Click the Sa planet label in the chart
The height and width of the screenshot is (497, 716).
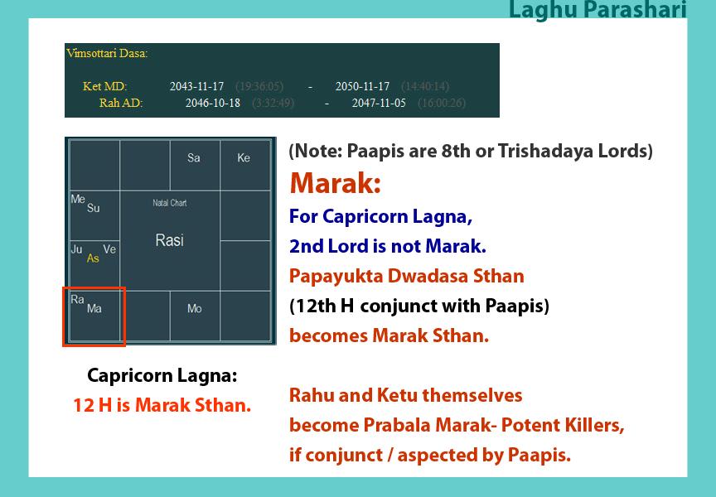tap(194, 158)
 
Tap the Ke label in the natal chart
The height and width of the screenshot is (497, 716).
tap(244, 158)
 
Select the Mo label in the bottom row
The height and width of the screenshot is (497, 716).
tap(195, 308)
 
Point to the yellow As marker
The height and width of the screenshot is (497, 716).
tap(93, 258)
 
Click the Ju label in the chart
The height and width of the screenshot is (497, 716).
tap(76, 249)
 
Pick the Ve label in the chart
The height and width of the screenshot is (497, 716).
tap(109, 249)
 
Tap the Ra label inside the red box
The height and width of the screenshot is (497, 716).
tap(77, 299)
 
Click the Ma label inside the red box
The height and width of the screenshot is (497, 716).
tap(94, 308)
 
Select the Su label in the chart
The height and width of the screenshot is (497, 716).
tap(93, 208)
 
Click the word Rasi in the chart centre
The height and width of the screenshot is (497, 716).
tap(169, 240)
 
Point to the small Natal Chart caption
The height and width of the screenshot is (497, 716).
tap(169, 203)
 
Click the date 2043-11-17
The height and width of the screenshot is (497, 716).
tap(196, 86)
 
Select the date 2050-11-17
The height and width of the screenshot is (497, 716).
tap(363, 86)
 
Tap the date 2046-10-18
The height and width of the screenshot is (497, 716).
tap(213, 103)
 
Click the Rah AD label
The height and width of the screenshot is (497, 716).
tap(121, 103)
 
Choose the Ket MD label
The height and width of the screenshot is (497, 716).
tap(105, 86)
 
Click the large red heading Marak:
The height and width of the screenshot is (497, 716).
tap(335, 183)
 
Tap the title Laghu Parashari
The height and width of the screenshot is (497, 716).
tap(597, 9)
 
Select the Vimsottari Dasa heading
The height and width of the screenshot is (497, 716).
tap(107, 53)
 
